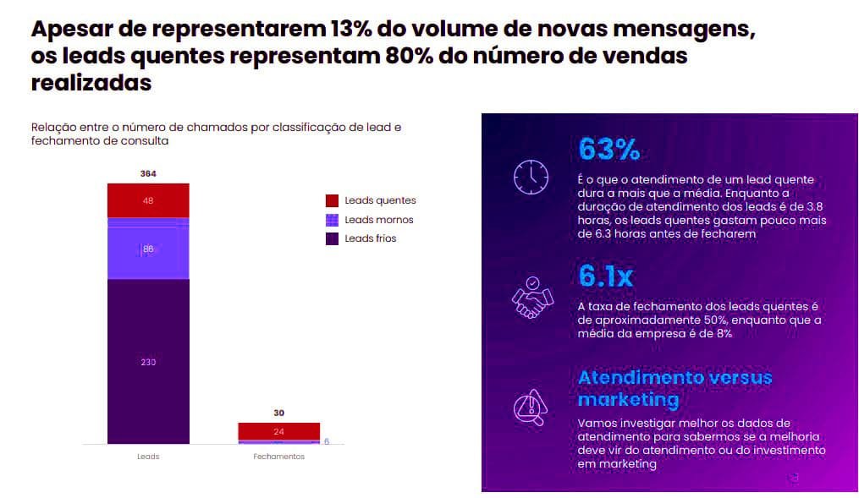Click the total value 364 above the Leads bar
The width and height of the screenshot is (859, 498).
[x=148, y=173]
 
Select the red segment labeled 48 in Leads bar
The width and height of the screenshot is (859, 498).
[x=148, y=200]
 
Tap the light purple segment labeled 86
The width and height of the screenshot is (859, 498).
[x=148, y=249]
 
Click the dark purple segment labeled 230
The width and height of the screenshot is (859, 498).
[x=148, y=362]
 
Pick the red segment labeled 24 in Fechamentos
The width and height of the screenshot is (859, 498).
[x=278, y=431]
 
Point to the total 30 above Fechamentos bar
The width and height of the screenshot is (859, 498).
[x=278, y=413]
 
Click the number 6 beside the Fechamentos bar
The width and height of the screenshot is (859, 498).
[x=327, y=441]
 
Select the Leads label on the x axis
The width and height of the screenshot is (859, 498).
[x=148, y=457]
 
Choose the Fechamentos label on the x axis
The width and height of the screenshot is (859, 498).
[x=278, y=457]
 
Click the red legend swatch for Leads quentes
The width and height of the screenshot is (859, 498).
[x=332, y=200]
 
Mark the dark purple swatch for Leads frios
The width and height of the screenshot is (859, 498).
[x=332, y=238]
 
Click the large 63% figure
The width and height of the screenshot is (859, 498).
[x=608, y=149]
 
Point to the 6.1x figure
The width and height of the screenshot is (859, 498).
[x=605, y=276]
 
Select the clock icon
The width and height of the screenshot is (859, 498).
[x=531, y=176]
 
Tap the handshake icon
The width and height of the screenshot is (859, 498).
[x=531, y=297]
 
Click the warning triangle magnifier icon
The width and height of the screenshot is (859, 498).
[x=531, y=405]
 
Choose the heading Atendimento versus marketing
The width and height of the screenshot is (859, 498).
[x=675, y=387]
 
